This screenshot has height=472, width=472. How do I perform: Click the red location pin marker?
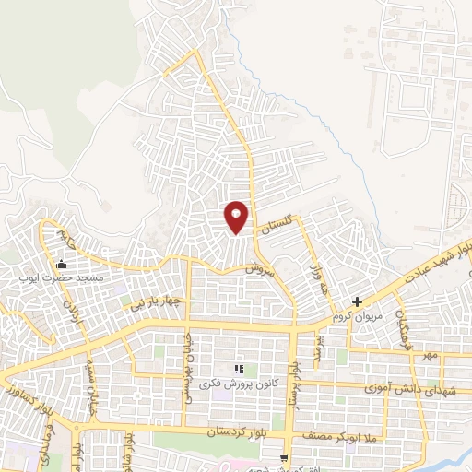[x=237, y=217]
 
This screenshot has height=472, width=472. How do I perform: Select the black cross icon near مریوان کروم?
[x=358, y=302]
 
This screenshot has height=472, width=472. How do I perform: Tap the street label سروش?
[x=261, y=269]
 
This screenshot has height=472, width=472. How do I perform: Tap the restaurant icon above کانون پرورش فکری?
[x=239, y=369]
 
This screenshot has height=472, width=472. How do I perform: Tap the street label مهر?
[x=428, y=354]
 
